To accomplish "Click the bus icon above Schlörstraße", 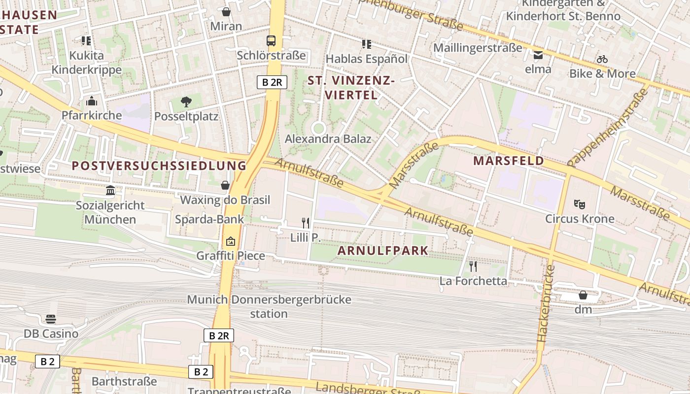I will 271,40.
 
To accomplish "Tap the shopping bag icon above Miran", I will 226,12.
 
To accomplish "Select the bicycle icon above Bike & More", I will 602,59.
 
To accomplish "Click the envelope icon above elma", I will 538,55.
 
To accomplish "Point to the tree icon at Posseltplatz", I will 186,102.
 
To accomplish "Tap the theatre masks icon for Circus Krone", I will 580,204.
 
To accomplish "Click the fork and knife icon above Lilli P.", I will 306,223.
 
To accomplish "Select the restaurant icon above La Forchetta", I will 473,266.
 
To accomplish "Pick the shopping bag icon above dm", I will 583,295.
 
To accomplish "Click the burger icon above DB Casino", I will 51,319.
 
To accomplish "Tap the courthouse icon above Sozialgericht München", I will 110,191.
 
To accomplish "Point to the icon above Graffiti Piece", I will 230,241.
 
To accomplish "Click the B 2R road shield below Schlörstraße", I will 272,82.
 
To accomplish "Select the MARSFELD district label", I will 509,161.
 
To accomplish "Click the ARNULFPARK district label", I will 383,251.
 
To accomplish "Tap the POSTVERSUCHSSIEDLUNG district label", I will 159,165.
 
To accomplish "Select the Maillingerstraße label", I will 477,48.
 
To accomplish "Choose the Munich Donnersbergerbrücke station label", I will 269,306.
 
